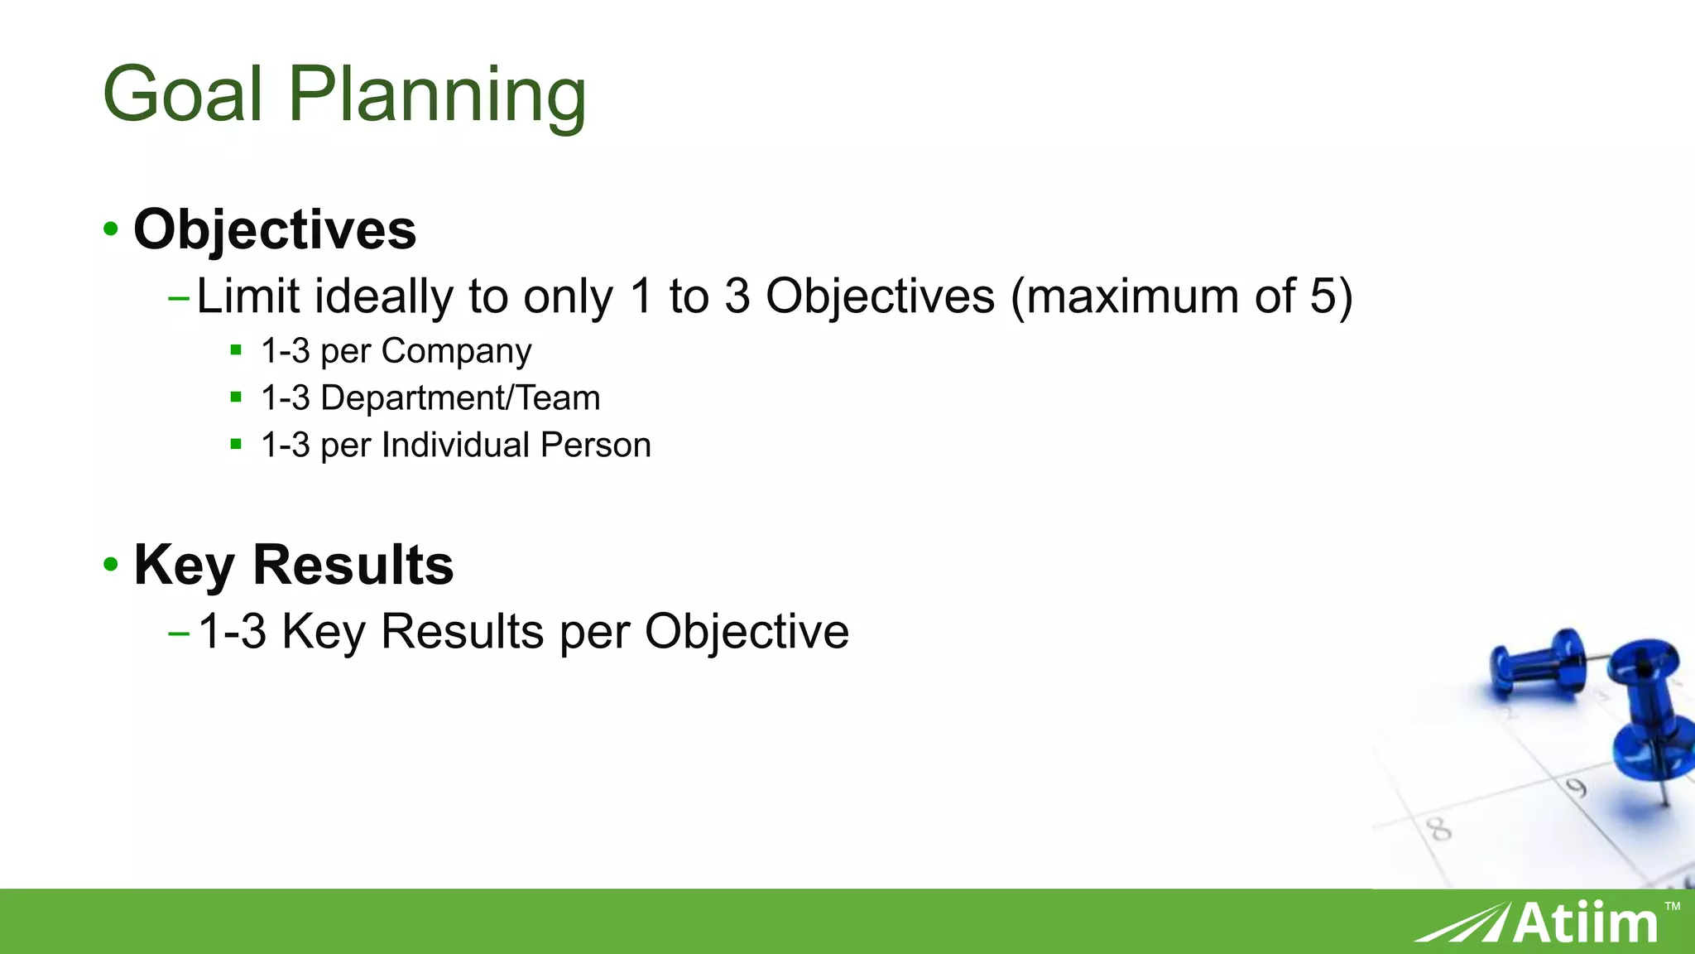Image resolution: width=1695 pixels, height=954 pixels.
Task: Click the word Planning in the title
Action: pyautogui.click(x=437, y=98)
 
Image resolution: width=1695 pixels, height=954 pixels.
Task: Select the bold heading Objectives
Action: pyautogui.click(x=275, y=229)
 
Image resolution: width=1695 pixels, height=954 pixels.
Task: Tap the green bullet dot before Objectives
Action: pyautogui.click(x=111, y=229)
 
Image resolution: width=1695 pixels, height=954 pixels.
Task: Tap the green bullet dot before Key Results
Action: pyautogui.click(x=111, y=565)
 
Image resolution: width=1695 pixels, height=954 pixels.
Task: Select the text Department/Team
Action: pyautogui.click(x=460, y=398)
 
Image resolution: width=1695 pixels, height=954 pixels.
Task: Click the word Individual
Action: pyautogui.click(x=455, y=446)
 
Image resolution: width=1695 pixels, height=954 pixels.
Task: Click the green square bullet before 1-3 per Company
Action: pyautogui.click(x=236, y=349)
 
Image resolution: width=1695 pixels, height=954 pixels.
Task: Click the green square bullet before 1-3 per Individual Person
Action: pyautogui.click(x=236, y=444)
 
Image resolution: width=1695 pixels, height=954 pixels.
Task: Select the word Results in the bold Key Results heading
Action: pyautogui.click(x=353, y=565)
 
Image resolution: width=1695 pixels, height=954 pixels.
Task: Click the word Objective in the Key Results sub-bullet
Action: pyautogui.click(x=747, y=632)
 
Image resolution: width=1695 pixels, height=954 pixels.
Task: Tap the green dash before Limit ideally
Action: pyautogui.click(x=179, y=297)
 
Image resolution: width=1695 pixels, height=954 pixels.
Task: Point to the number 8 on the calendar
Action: pyautogui.click(x=1439, y=828)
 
